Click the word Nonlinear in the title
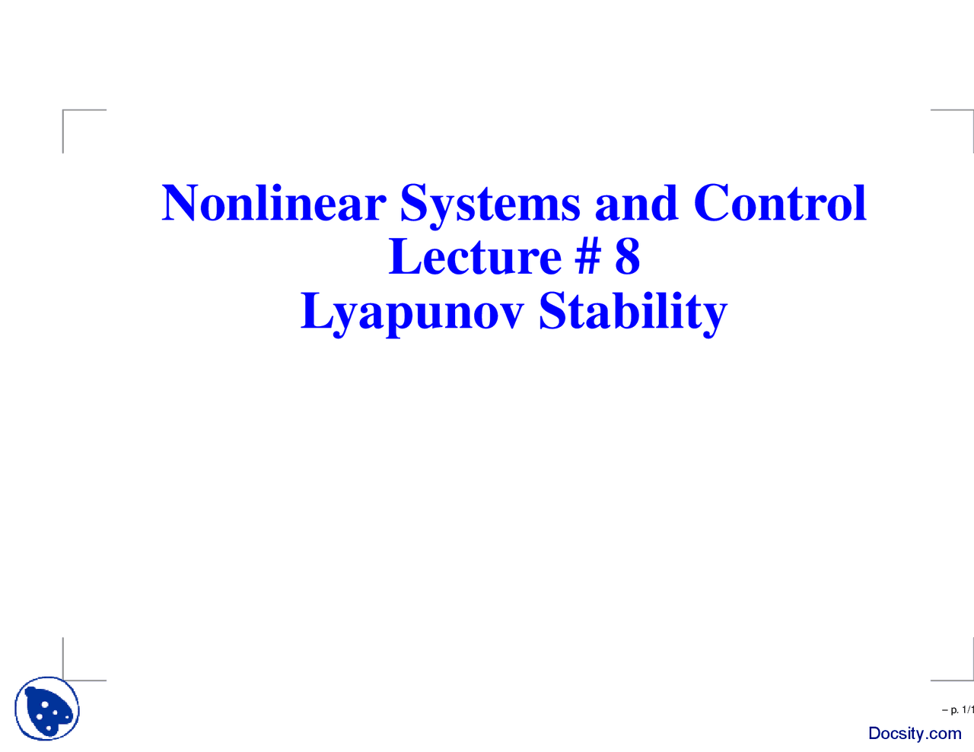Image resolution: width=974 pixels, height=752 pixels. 274,204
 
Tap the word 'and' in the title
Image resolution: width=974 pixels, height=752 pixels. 636,204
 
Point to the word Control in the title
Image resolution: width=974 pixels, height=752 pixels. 780,204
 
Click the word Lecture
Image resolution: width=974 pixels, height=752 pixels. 475,257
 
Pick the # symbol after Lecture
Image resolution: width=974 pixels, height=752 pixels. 587,257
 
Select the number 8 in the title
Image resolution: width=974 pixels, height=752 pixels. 627,257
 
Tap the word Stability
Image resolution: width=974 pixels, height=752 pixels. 632,312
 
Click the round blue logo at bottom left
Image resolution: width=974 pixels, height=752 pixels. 47,709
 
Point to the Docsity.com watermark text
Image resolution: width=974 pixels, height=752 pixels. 915,734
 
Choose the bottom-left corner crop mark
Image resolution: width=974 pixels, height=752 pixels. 65,678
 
